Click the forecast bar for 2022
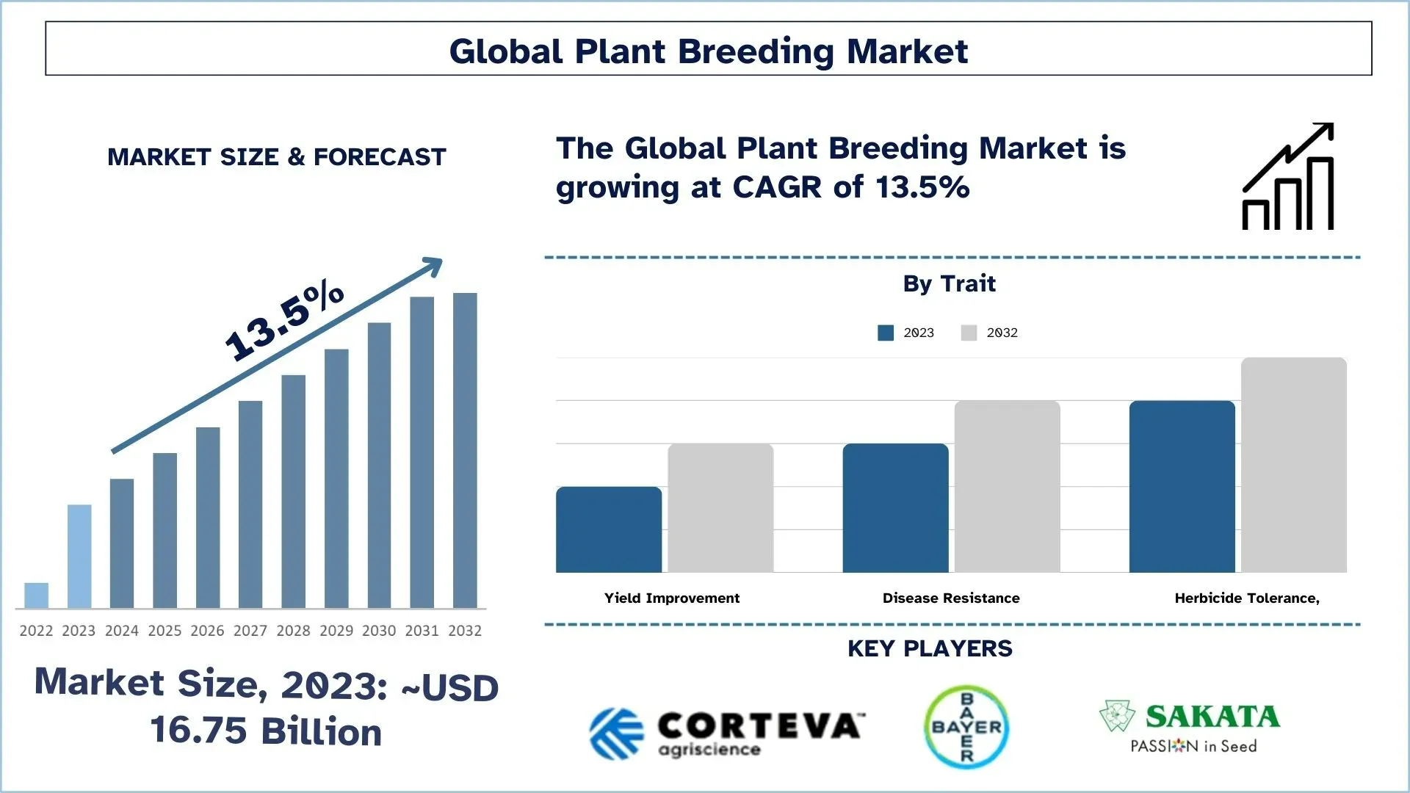click(x=36, y=595)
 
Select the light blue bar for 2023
click(x=79, y=557)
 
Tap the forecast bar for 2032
click(x=465, y=451)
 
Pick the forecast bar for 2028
click(x=293, y=492)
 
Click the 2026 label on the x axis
click(x=207, y=631)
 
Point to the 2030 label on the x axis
click(x=379, y=631)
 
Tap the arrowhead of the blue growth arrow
click(x=433, y=266)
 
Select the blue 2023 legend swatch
click(x=886, y=333)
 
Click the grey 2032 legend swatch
click(x=969, y=333)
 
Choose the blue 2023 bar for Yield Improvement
click(x=609, y=529)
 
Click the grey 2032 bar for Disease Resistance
click(x=1007, y=487)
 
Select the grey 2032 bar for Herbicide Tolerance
click(x=1293, y=465)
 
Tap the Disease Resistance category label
click(x=950, y=598)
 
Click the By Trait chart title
click(x=949, y=283)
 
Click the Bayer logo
click(x=966, y=727)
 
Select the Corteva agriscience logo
click(x=726, y=732)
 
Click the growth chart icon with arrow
click(x=1288, y=177)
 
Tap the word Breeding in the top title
click(x=756, y=51)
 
